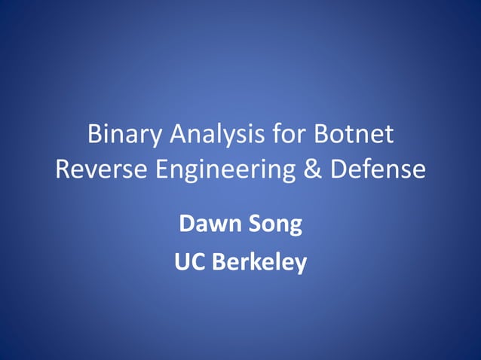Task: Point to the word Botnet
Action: tap(352, 136)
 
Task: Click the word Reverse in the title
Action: tap(102, 169)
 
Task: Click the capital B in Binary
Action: tap(95, 136)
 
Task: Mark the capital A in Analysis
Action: tap(175, 136)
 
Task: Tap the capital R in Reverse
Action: tap(63, 169)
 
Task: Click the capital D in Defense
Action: tap(340, 169)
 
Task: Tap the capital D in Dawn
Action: tap(186, 224)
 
